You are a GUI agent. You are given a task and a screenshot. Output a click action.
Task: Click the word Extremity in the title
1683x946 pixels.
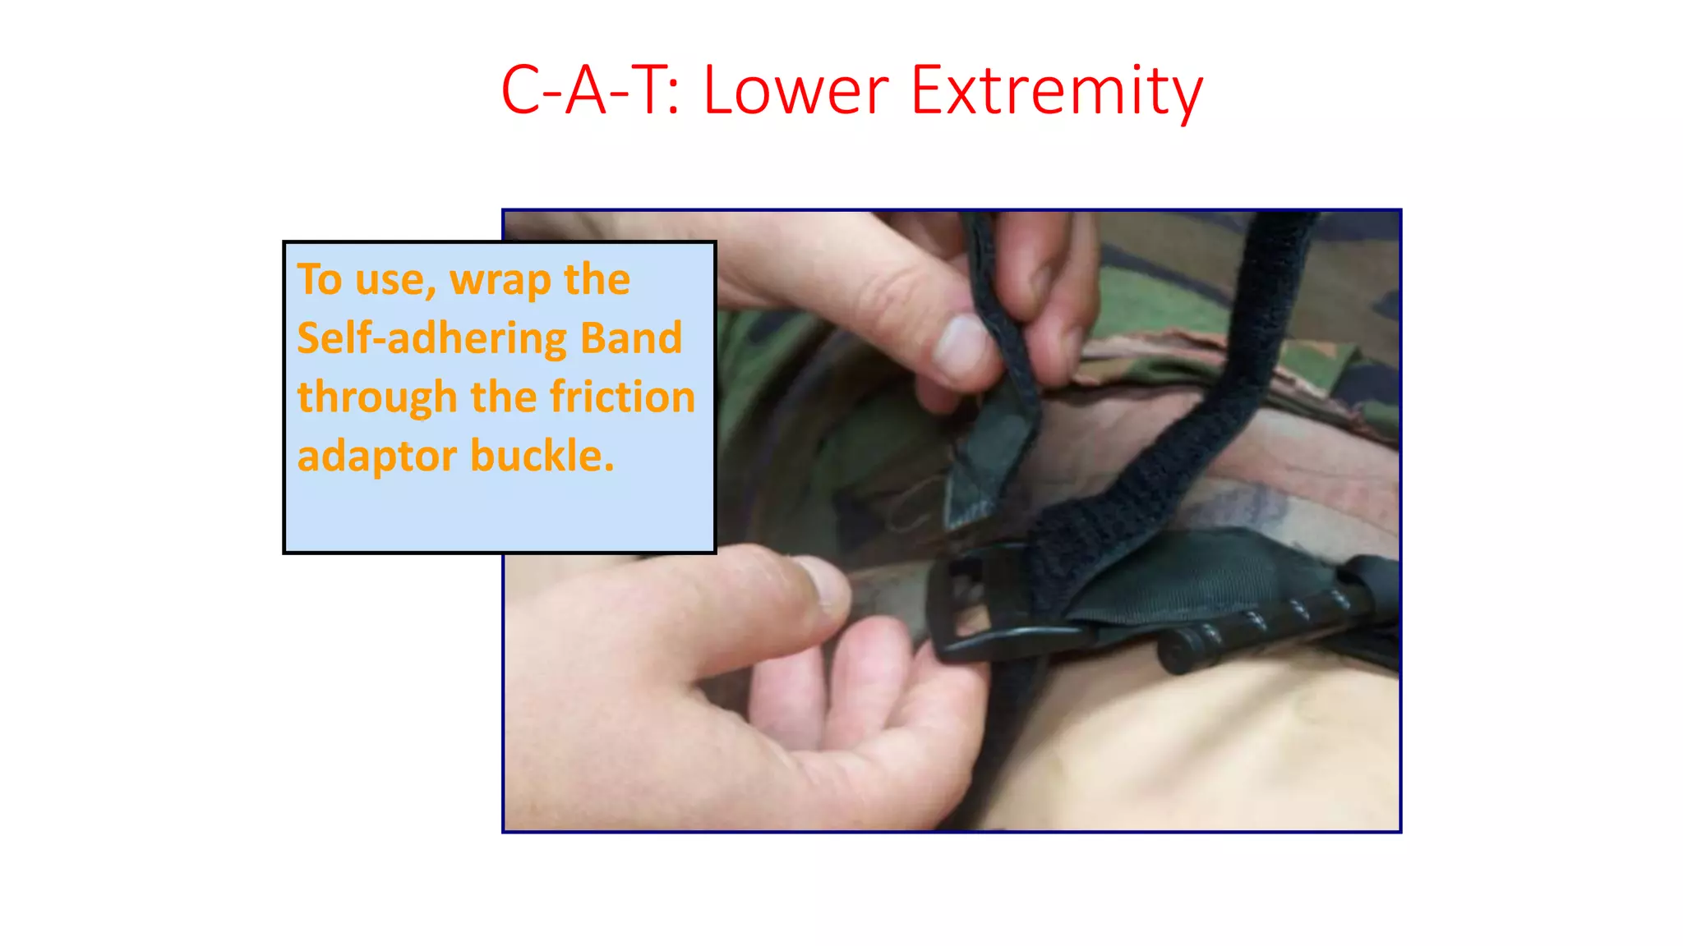[1057, 92]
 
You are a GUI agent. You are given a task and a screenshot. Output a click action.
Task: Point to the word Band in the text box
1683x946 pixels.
[630, 338]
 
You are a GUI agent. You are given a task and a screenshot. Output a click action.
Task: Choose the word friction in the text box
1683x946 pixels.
[622, 397]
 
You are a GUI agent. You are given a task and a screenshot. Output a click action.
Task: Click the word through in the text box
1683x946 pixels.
[376, 398]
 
